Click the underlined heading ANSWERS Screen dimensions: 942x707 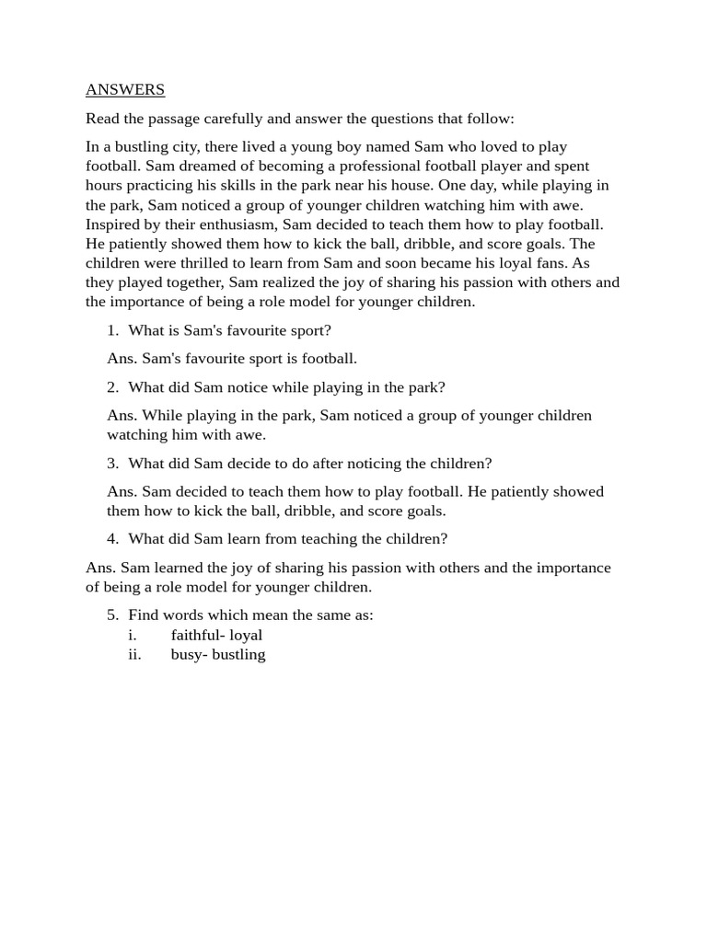click(125, 90)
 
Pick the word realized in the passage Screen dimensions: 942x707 click(297, 282)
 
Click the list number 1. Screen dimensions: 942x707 click(112, 330)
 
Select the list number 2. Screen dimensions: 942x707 click(112, 387)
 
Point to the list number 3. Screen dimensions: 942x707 click(112, 464)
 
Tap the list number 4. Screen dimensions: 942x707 click(112, 539)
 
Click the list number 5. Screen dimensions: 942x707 click(112, 615)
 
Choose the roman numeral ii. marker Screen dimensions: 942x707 click(134, 655)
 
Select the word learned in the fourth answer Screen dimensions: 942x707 click(177, 568)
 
